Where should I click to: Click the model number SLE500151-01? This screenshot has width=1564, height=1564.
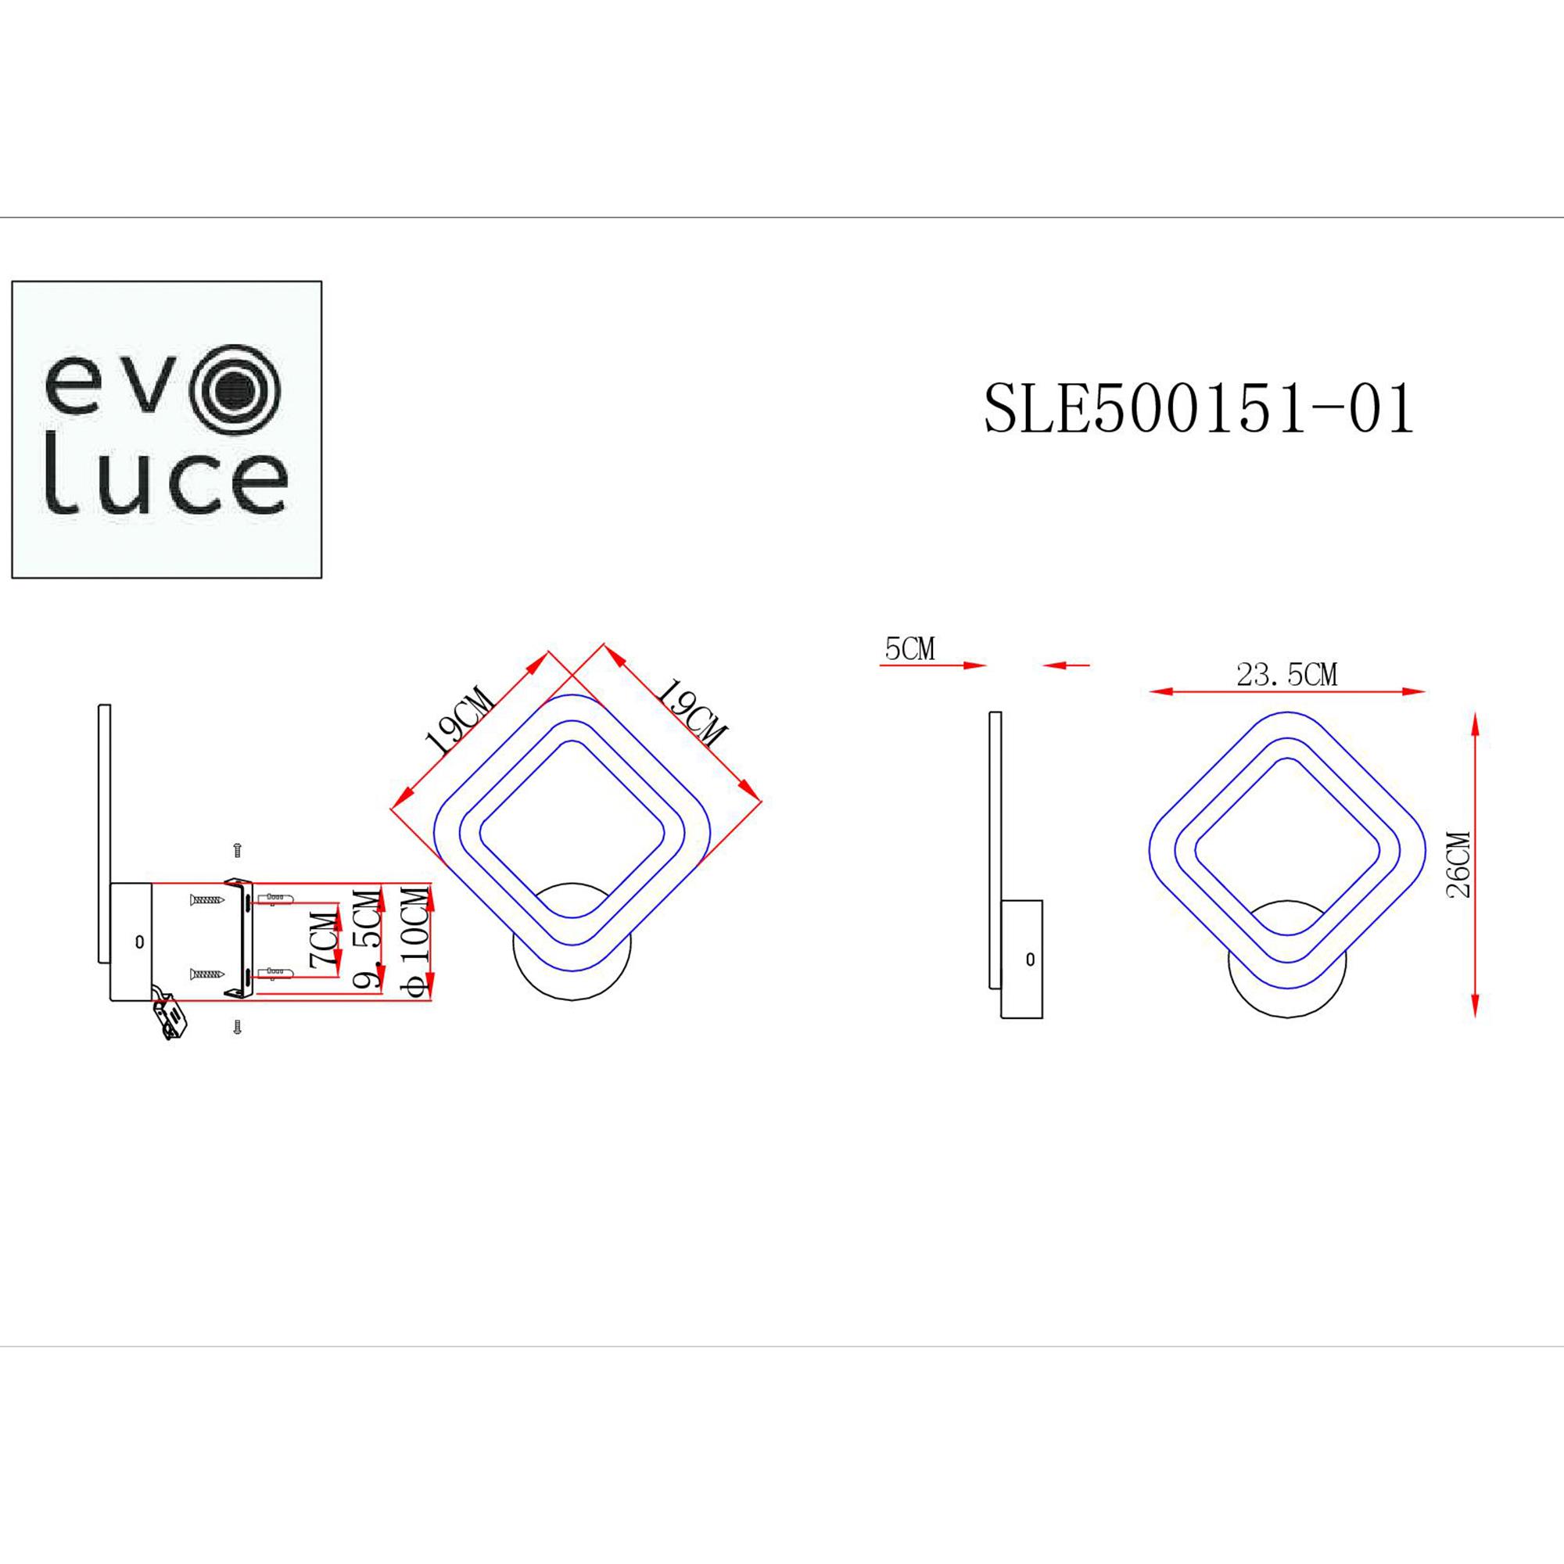tap(1198, 409)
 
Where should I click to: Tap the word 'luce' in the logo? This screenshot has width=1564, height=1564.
tap(165, 485)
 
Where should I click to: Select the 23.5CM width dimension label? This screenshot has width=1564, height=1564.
tap(1286, 674)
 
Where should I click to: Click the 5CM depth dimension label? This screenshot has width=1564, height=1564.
tap(910, 648)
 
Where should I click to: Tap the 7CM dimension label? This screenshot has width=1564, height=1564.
tap(322, 942)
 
